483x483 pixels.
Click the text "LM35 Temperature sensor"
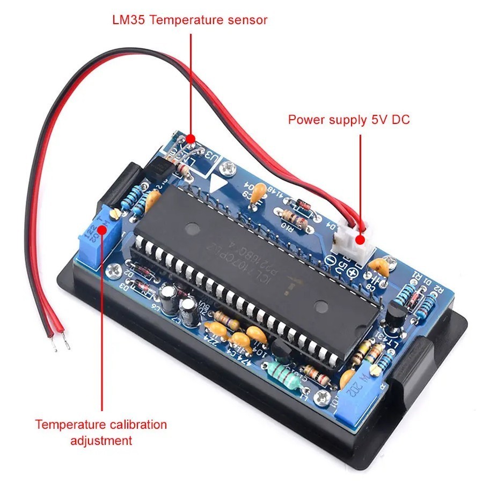coord(189,20)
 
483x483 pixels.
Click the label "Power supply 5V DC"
coord(349,119)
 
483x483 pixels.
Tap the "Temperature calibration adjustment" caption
coord(101,433)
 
